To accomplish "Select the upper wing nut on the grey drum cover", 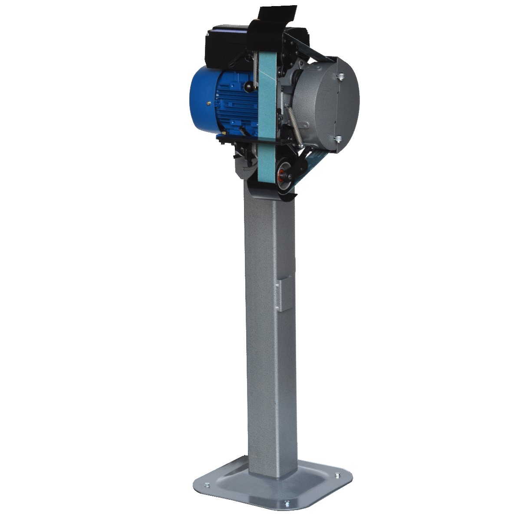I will pos(341,77).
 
